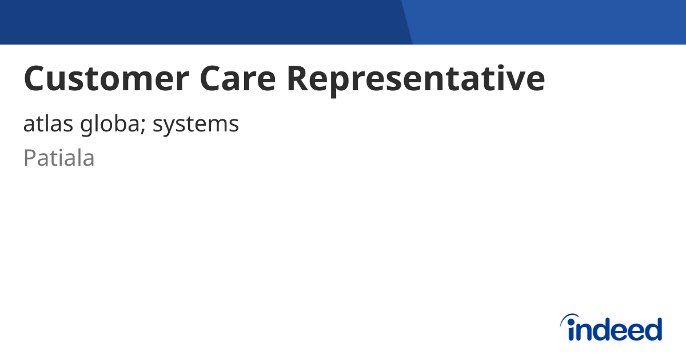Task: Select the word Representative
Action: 416,79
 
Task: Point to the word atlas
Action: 43,124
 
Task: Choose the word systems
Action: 196,125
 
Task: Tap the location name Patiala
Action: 59,158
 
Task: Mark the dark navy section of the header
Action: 200,22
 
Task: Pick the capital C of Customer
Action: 35,79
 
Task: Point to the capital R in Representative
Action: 299,79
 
